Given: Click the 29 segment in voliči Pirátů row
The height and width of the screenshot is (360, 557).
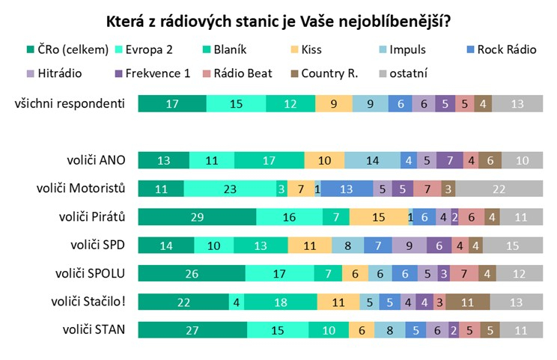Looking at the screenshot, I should pos(197,217).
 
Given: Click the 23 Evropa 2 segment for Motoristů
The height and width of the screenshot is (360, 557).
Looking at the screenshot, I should pos(229,189).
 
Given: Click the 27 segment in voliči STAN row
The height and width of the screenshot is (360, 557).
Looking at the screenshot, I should pos(192,329).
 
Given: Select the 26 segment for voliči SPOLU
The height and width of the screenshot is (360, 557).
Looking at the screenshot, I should pos(191,273).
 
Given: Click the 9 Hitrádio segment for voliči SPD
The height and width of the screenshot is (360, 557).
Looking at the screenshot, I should pos(408,245).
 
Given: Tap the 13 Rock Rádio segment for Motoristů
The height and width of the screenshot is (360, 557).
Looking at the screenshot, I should pos(347,189).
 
